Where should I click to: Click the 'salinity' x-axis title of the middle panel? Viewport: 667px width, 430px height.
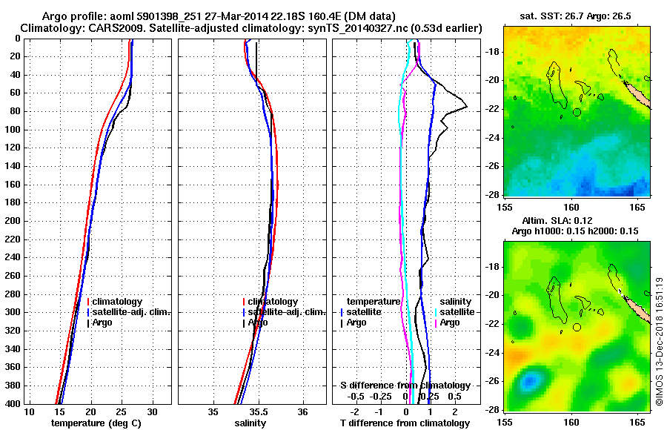[x=252, y=423]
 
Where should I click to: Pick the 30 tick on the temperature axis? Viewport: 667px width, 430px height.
[x=152, y=411]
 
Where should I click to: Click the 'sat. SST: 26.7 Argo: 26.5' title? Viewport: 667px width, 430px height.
[x=576, y=16]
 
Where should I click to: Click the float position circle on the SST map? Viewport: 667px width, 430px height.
[x=577, y=112]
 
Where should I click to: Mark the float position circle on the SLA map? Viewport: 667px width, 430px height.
[x=577, y=327]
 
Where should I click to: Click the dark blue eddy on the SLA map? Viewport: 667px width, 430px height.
[x=528, y=382]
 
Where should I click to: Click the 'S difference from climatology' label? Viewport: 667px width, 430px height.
[x=405, y=386]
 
